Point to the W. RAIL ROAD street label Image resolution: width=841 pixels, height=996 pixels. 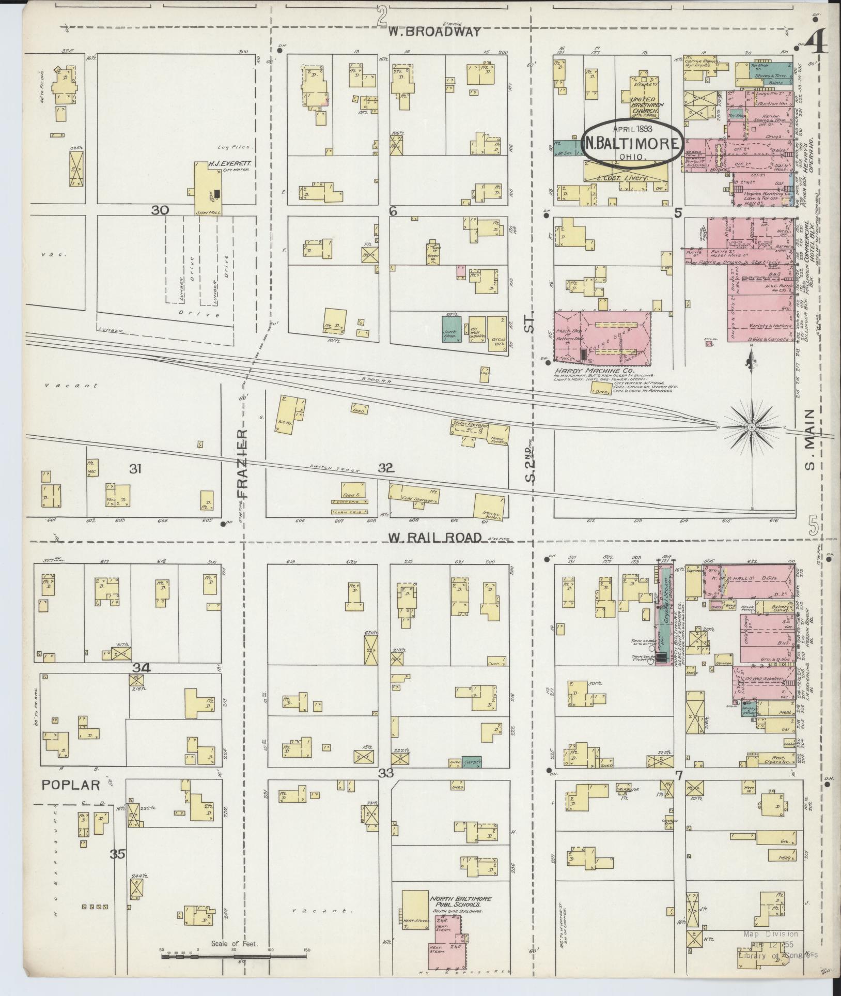pos(435,538)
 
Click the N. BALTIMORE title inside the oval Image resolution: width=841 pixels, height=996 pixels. pos(632,145)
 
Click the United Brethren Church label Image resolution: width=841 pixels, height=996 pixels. pos(644,105)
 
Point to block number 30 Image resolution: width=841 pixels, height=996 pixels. pos(160,210)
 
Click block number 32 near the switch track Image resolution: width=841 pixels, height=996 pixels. pos(386,468)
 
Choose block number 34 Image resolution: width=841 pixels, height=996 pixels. pos(141,667)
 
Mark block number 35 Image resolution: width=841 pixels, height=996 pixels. pos(117,854)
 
